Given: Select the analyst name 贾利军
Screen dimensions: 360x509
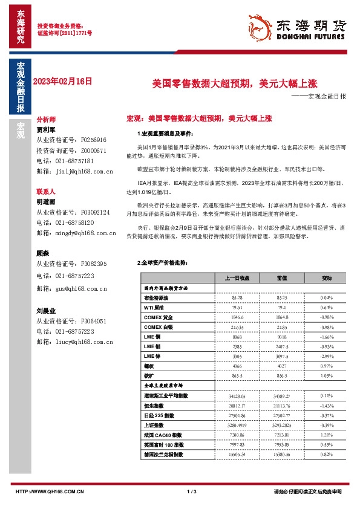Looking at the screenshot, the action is pos(46,129).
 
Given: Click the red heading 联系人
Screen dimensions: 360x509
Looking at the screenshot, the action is pos(46,192).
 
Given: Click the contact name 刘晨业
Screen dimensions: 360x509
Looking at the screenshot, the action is pos(46,311).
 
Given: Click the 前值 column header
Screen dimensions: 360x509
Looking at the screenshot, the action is pos(264,277).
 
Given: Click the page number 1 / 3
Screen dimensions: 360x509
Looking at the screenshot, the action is pos(180,491).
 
